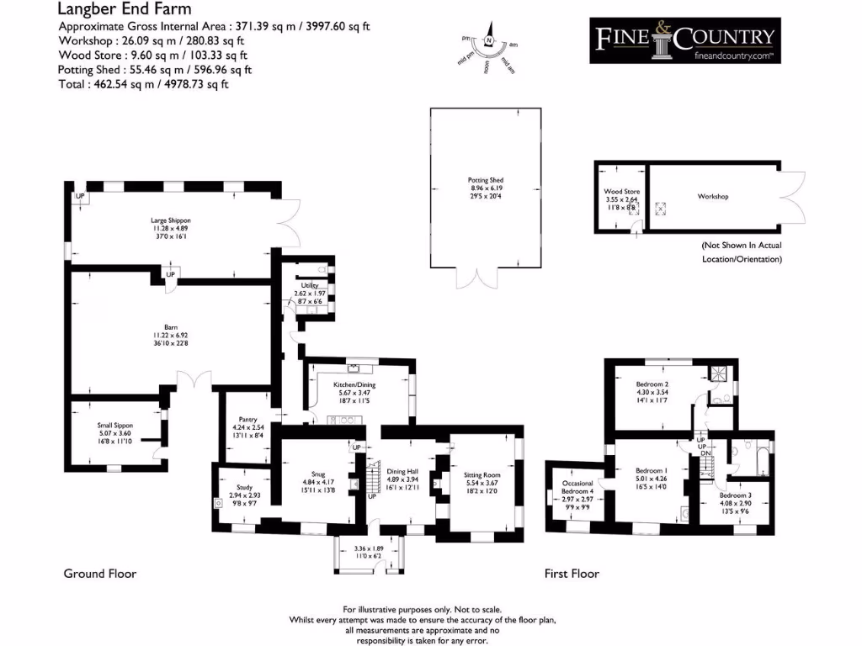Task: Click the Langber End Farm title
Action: pyautogui.click(x=124, y=10)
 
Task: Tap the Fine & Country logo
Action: pyautogui.click(x=684, y=40)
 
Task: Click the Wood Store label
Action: pyautogui.click(x=622, y=192)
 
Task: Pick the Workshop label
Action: pyautogui.click(x=712, y=197)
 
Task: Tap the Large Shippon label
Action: pyautogui.click(x=171, y=220)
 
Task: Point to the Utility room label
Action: pyautogui.click(x=308, y=286)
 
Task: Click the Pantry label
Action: pyautogui.click(x=247, y=419)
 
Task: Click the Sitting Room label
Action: pyautogui.click(x=482, y=475)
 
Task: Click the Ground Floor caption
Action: pyautogui.click(x=100, y=574)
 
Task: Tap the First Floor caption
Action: pyautogui.click(x=572, y=574)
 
